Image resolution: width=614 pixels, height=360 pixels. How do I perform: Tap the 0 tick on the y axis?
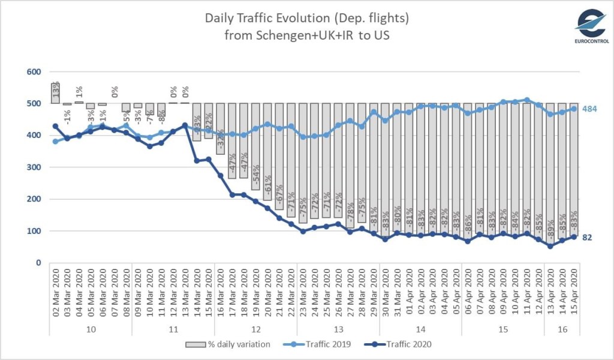point(38,263)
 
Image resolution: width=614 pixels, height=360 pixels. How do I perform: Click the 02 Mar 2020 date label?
point(55,295)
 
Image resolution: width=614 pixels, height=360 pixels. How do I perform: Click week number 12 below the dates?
point(255,329)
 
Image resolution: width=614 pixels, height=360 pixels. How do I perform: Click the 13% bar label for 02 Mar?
point(55,91)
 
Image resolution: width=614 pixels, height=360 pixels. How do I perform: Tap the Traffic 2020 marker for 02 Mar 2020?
point(55,126)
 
